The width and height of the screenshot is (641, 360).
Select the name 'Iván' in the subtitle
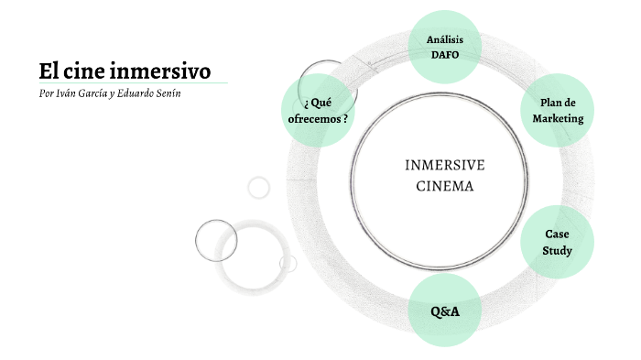click(67, 94)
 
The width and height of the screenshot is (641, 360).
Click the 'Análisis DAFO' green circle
click(444, 47)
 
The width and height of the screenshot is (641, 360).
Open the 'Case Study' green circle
click(557, 242)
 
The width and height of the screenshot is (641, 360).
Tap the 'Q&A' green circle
click(444, 311)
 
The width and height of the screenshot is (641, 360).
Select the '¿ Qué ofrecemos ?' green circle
click(318, 111)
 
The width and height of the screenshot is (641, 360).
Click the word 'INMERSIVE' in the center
click(445, 165)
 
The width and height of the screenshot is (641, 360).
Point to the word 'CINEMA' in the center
click(445, 186)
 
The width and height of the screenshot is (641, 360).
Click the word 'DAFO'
click(444, 55)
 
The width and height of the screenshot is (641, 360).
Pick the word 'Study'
click(557, 250)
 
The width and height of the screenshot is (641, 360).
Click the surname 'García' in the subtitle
click(101, 94)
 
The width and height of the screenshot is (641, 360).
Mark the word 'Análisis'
click(444, 38)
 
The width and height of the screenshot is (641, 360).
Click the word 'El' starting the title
click(48, 71)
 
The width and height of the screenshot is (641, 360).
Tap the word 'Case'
click(557, 234)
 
